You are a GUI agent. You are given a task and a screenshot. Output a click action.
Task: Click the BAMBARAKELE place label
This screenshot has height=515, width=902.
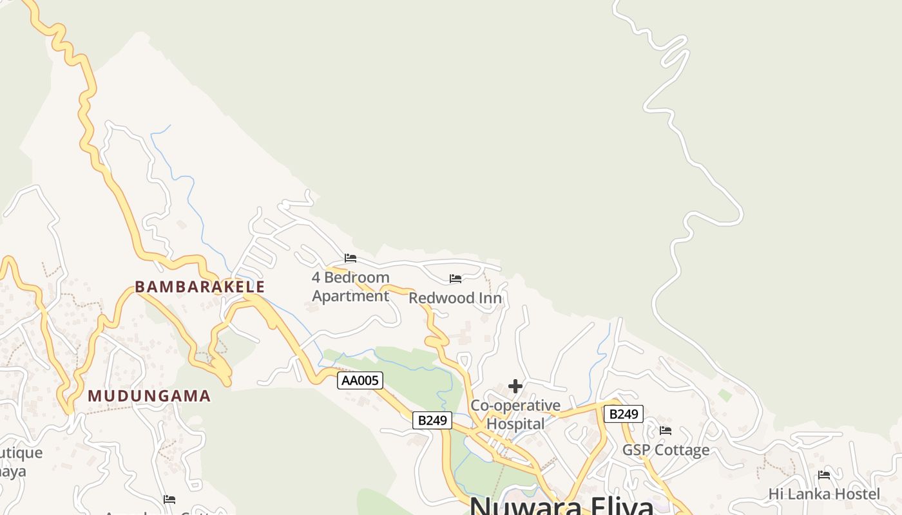point(200,287)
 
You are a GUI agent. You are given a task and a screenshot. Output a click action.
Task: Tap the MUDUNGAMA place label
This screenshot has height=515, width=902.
point(149,396)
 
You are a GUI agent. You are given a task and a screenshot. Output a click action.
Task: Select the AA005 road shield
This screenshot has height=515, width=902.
point(360,380)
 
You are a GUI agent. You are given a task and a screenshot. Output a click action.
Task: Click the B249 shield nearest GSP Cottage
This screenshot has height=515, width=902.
point(624,414)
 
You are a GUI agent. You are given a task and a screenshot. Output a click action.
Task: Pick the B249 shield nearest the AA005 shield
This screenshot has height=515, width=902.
point(432,420)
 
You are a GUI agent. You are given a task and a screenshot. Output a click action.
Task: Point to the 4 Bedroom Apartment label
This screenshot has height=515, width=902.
point(350,286)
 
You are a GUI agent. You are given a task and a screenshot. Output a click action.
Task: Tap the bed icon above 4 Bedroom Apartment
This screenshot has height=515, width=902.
point(350,258)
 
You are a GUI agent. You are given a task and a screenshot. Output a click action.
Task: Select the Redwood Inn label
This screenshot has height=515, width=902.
point(455,298)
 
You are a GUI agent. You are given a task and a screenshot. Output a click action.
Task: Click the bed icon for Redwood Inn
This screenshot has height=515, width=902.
point(456,279)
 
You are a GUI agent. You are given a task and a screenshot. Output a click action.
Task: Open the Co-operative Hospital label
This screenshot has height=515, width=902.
point(515,415)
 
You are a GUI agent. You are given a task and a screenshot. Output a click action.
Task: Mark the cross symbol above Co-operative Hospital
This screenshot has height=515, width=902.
point(515,386)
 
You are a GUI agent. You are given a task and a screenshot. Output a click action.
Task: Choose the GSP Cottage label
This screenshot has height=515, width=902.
point(666,450)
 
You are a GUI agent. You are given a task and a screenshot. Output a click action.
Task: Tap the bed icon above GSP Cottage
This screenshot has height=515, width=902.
point(666,430)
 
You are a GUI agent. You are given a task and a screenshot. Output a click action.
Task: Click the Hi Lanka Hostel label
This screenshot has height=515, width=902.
point(823,494)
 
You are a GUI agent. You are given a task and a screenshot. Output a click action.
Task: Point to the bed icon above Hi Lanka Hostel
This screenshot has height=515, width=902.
point(824,475)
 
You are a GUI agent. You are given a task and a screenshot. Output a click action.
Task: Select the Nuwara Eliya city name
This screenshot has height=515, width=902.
point(561,505)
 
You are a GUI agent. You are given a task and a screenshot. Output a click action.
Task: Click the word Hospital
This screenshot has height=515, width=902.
point(515,424)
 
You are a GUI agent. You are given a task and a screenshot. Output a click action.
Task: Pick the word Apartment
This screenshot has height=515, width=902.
point(350,296)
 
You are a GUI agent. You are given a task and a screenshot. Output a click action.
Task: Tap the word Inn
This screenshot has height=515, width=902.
point(488,298)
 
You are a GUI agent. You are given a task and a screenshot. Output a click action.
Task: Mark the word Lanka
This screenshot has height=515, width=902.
point(814,494)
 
